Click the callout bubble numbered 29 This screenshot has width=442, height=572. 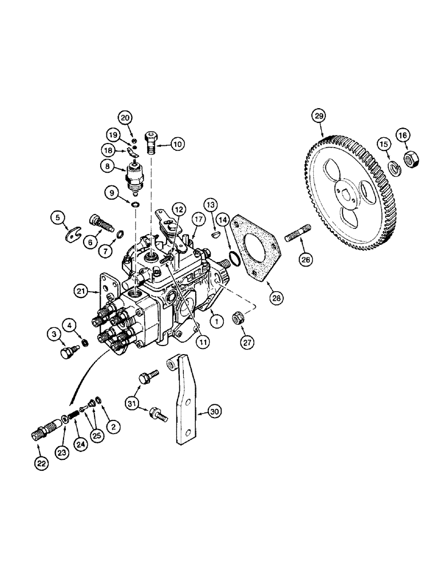tap(318, 116)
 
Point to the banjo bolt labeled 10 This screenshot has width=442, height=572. tap(154, 142)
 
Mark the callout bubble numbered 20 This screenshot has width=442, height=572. tap(125, 117)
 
